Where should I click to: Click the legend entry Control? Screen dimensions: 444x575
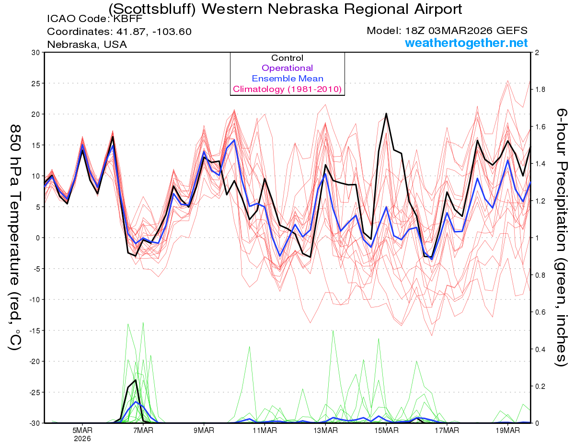(287, 58)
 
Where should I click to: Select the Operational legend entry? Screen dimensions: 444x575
(287, 68)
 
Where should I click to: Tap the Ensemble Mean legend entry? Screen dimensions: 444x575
(287, 79)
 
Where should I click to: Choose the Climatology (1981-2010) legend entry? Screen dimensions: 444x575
(287, 89)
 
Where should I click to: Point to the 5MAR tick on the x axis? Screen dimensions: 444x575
(82, 431)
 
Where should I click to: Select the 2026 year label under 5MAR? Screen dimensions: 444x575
(82, 438)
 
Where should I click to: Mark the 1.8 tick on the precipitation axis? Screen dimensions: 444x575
(540, 90)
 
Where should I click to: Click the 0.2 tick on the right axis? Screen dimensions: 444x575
(540, 386)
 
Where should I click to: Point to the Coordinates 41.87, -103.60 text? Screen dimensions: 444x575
(119, 32)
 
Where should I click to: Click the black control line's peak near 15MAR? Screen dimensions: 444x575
(386, 114)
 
